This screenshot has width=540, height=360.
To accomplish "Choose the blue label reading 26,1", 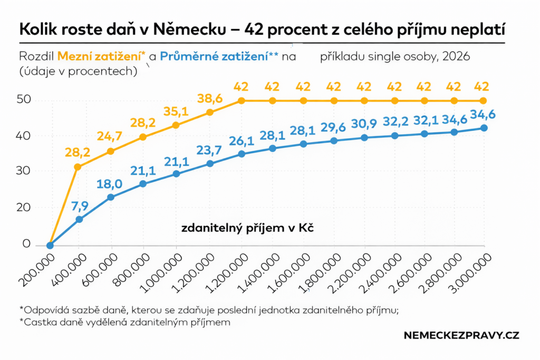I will pos(242,141).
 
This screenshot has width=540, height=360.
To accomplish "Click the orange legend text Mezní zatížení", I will pos(99,56).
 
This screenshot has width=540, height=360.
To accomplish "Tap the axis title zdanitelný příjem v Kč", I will pos(247,228).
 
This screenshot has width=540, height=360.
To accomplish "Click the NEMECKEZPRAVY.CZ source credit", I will pos(461,336).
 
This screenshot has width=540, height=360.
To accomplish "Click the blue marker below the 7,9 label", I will pos(79,219).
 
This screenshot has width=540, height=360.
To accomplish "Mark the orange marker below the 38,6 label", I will pos(210,112).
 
